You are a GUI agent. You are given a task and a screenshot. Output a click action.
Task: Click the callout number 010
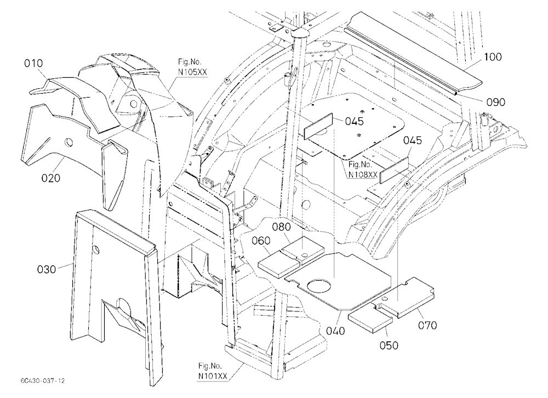[x=33, y=63]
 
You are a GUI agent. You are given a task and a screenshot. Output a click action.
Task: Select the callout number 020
[x=50, y=178]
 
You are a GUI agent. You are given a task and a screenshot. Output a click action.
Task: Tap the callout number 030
[x=47, y=269]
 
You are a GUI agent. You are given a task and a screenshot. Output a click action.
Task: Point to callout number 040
[x=335, y=331]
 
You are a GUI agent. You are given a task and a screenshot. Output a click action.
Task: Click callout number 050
[x=389, y=345]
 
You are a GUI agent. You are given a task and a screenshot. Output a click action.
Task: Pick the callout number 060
[x=261, y=241]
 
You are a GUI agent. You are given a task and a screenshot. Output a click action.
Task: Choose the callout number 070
[x=427, y=325]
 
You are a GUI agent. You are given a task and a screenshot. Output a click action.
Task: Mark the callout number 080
[x=282, y=227]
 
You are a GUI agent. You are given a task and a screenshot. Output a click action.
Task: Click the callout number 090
[x=496, y=102]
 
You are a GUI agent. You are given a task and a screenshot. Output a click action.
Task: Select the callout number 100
[x=493, y=56]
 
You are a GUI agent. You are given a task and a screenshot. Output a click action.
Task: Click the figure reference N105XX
[x=192, y=72]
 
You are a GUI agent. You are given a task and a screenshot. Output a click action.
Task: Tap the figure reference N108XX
[x=362, y=174]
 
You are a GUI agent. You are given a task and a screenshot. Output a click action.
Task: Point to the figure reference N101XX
[x=213, y=376]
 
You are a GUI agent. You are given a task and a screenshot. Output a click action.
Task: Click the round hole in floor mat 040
[x=318, y=286]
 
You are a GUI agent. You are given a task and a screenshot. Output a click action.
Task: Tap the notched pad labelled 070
[x=407, y=297]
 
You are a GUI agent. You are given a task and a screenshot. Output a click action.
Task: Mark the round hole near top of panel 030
[x=96, y=250]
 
